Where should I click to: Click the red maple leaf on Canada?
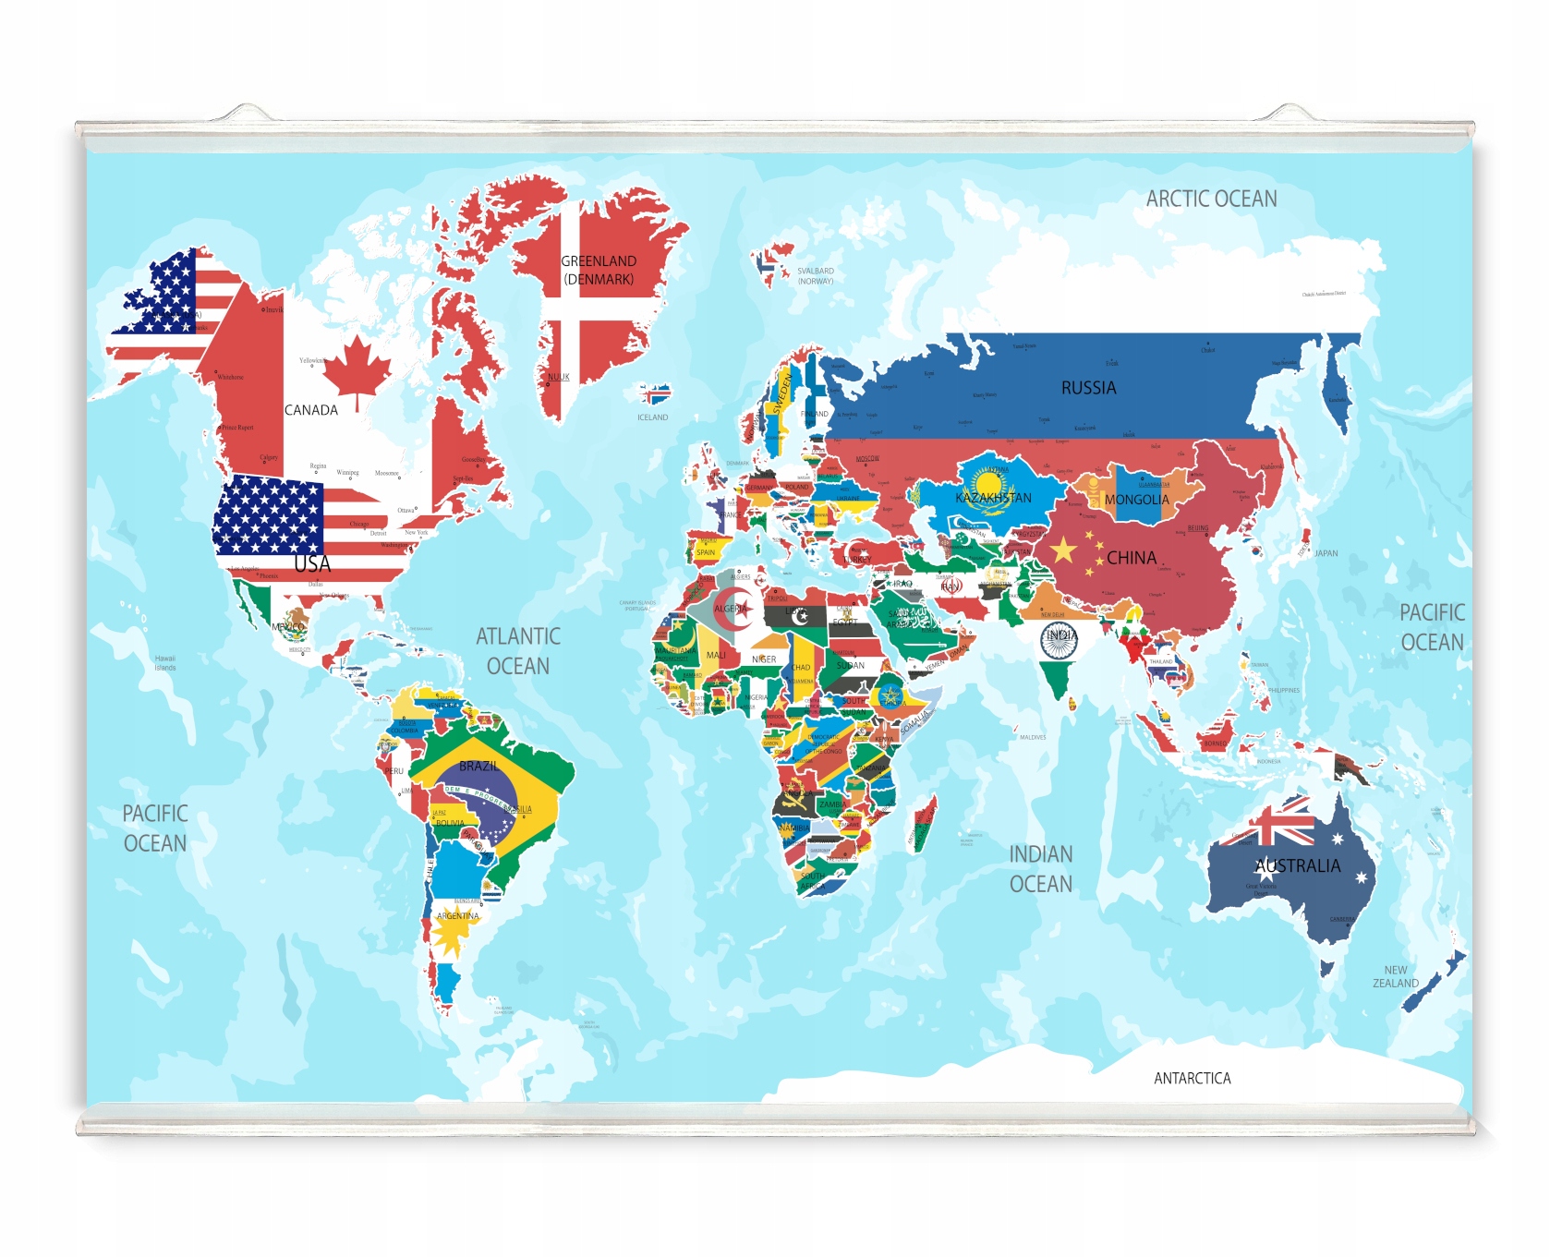coord(357,369)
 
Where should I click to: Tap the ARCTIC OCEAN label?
coord(1211,199)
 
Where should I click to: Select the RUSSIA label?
coord(1088,388)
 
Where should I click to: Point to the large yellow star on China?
coord(1063,550)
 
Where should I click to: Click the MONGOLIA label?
coord(1136,500)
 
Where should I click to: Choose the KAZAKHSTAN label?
coord(993,498)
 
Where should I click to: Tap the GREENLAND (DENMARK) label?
coord(599,270)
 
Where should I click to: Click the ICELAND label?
coord(652,417)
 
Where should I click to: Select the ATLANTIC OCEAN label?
coord(517,651)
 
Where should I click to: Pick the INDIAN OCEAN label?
coord(1040,869)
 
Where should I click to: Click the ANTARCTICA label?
coord(1192,1078)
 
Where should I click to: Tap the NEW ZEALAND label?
coord(1395,976)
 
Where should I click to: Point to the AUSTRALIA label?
coord(1297,865)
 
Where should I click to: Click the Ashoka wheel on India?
coord(1059,640)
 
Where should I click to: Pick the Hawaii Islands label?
coord(165,663)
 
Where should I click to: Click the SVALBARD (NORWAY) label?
coord(816,276)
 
